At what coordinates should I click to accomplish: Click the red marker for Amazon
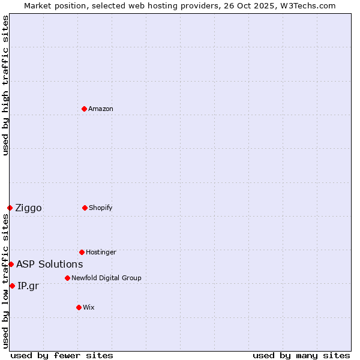pos(84,109)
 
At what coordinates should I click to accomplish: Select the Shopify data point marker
pos(85,208)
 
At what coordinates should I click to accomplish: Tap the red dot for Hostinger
pos(82,252)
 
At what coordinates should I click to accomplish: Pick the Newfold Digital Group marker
pos(67,278)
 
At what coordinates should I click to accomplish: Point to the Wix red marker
pos(79,307)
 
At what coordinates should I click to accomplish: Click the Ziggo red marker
pos(10,208)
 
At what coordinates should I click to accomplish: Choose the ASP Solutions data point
pos(11,264)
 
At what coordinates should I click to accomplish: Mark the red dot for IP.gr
pos(12,286)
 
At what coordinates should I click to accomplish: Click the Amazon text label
pos(101,109)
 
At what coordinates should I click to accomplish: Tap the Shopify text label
pos(101,208)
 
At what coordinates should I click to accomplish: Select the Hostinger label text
pos(101,252)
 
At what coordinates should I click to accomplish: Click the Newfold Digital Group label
pos(106,278)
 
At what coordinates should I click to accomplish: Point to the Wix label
pos(89,307)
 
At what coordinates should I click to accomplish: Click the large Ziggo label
pos(28,208)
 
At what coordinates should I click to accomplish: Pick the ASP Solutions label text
pos(49,264)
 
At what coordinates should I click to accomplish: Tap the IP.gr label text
pos(28,286)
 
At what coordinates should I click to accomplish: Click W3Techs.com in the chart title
pos(306,5)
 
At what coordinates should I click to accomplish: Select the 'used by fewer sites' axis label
pos(62,355)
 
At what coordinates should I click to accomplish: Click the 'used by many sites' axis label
pos(301,355)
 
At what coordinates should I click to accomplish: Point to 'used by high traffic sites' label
pos(5,85)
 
